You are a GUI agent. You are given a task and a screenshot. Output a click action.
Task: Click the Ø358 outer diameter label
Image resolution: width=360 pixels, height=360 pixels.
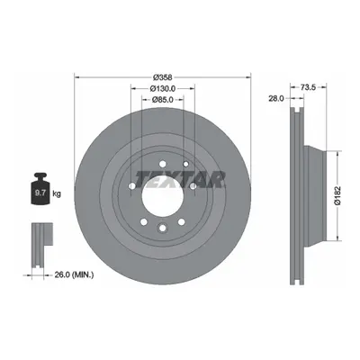tap(162, 77)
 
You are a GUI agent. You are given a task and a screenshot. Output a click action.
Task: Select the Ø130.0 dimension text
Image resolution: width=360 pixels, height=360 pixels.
tap(162, 88)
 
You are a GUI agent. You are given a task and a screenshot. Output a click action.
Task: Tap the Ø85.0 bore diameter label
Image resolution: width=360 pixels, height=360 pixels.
tap(162, 100)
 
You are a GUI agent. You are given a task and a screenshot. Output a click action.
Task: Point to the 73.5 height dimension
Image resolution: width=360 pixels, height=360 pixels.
tap(308, 87)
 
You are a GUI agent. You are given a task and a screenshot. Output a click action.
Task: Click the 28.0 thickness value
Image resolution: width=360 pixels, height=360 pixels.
tap(276, 98)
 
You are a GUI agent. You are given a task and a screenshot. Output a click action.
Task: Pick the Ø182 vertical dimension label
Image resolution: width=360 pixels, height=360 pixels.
tap(337, 195)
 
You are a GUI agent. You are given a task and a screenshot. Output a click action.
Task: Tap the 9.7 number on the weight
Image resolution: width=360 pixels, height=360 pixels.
tap(40, 193)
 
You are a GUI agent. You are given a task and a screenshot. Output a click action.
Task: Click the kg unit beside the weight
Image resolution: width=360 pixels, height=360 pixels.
tap(57, 193)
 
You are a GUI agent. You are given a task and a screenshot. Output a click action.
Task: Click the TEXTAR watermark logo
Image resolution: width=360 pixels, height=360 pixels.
tap(180, 179)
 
